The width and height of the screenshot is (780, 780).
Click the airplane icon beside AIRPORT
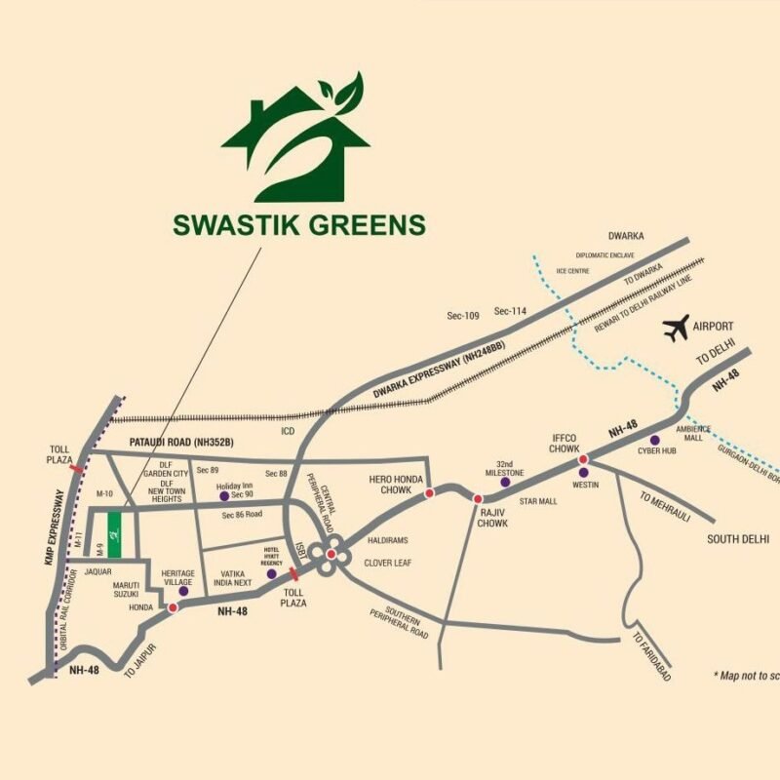click(676, 329)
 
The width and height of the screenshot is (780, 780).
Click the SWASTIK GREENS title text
click(299, 225)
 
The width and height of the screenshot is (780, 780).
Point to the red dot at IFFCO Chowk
click(583, 459)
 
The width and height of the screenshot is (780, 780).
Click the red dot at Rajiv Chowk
click(478, 498)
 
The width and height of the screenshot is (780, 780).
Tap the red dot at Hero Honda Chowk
click(428, 494)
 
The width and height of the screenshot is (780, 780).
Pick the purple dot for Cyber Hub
click(655, 440)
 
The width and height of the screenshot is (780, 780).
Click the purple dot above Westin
click(583, 472)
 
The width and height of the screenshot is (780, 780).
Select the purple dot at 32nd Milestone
click(505, 483)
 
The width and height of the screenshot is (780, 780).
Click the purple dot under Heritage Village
click(183, 590)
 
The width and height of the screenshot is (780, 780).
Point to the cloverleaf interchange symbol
click(331, 554)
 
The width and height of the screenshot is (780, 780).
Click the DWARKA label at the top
click(626, 236)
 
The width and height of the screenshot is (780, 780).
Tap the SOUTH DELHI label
click(738, 539)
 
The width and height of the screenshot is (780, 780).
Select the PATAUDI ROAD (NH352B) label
click(182, 443)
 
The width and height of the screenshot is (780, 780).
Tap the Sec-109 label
click(464, 316)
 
